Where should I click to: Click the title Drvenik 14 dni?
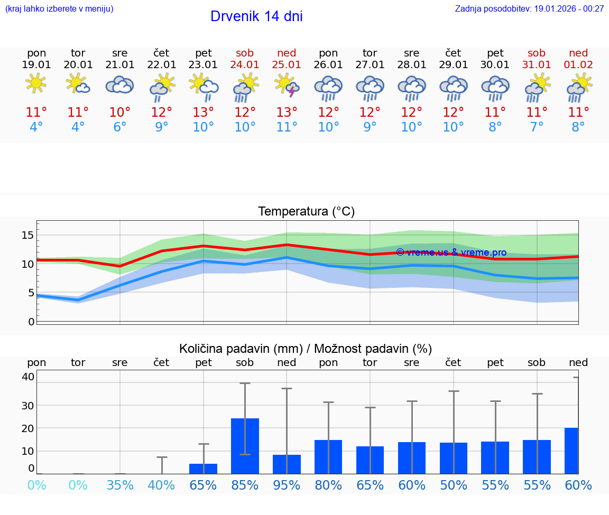pos(256,16)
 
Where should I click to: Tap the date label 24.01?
pos(245,65)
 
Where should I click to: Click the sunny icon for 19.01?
pos(36,83)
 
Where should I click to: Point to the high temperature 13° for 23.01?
pos(203,113)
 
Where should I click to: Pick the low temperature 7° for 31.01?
pos(537,127)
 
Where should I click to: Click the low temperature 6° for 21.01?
pos(120,127)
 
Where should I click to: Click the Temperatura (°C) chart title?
pos(306,212)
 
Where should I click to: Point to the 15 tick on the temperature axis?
pos(27,235)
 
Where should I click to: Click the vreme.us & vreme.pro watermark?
pos(451,252)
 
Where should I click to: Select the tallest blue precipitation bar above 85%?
pos(245,446)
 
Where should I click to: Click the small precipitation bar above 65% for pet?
pos(204,469)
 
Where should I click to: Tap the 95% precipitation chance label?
pos(287,485)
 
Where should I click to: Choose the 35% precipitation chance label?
pos(120,485)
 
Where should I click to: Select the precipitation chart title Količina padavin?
pos(306,349)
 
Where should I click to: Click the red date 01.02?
pos(578,65)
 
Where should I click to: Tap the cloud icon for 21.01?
pos(119,85)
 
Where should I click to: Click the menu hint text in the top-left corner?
pos(59,8)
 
